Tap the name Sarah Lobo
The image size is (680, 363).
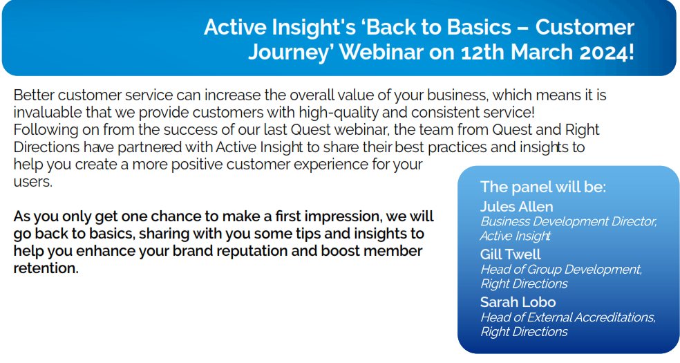click(518, 302)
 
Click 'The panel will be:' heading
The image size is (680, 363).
click(542, 187)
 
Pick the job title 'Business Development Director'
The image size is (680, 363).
click(568, 222)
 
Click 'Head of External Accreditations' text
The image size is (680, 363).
click(568, 317)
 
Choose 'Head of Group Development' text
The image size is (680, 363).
click(561, 270)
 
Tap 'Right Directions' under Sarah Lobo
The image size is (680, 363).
click(524, 332)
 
